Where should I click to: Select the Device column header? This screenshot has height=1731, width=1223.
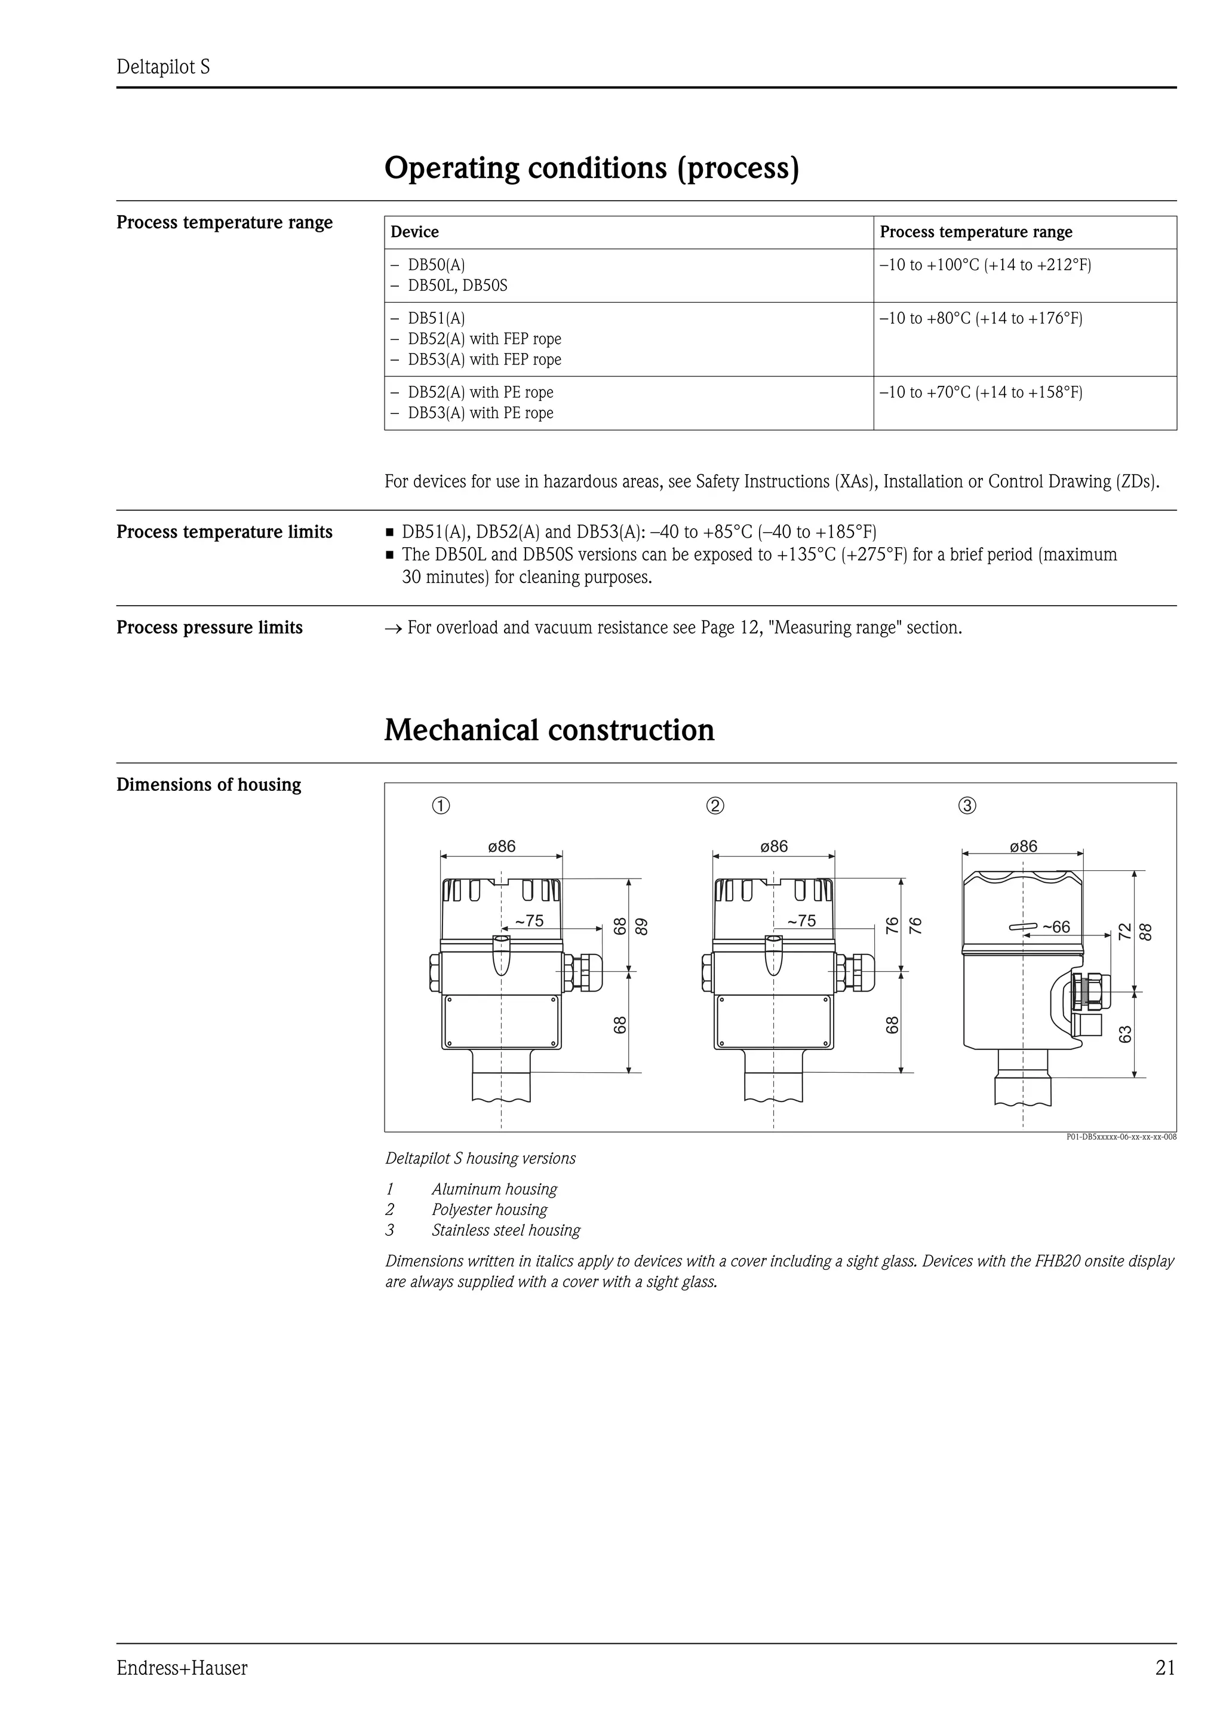414,232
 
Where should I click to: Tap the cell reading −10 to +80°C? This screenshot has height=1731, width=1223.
981,318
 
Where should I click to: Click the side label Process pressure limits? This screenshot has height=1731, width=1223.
209,627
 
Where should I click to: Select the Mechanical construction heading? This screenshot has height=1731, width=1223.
549,730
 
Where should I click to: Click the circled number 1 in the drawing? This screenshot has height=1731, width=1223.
441,806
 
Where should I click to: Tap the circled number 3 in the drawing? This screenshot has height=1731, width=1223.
967,806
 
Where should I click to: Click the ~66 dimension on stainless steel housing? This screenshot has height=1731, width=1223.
1056,926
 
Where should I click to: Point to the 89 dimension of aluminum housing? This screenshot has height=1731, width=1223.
641,926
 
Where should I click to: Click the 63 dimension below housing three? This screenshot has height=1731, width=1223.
1126,1033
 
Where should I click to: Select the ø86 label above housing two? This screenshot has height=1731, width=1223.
774,846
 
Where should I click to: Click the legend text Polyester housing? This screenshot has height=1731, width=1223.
489,1210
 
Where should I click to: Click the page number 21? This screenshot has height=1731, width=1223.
1164,1668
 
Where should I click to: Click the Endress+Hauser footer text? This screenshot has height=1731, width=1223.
182,1668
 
